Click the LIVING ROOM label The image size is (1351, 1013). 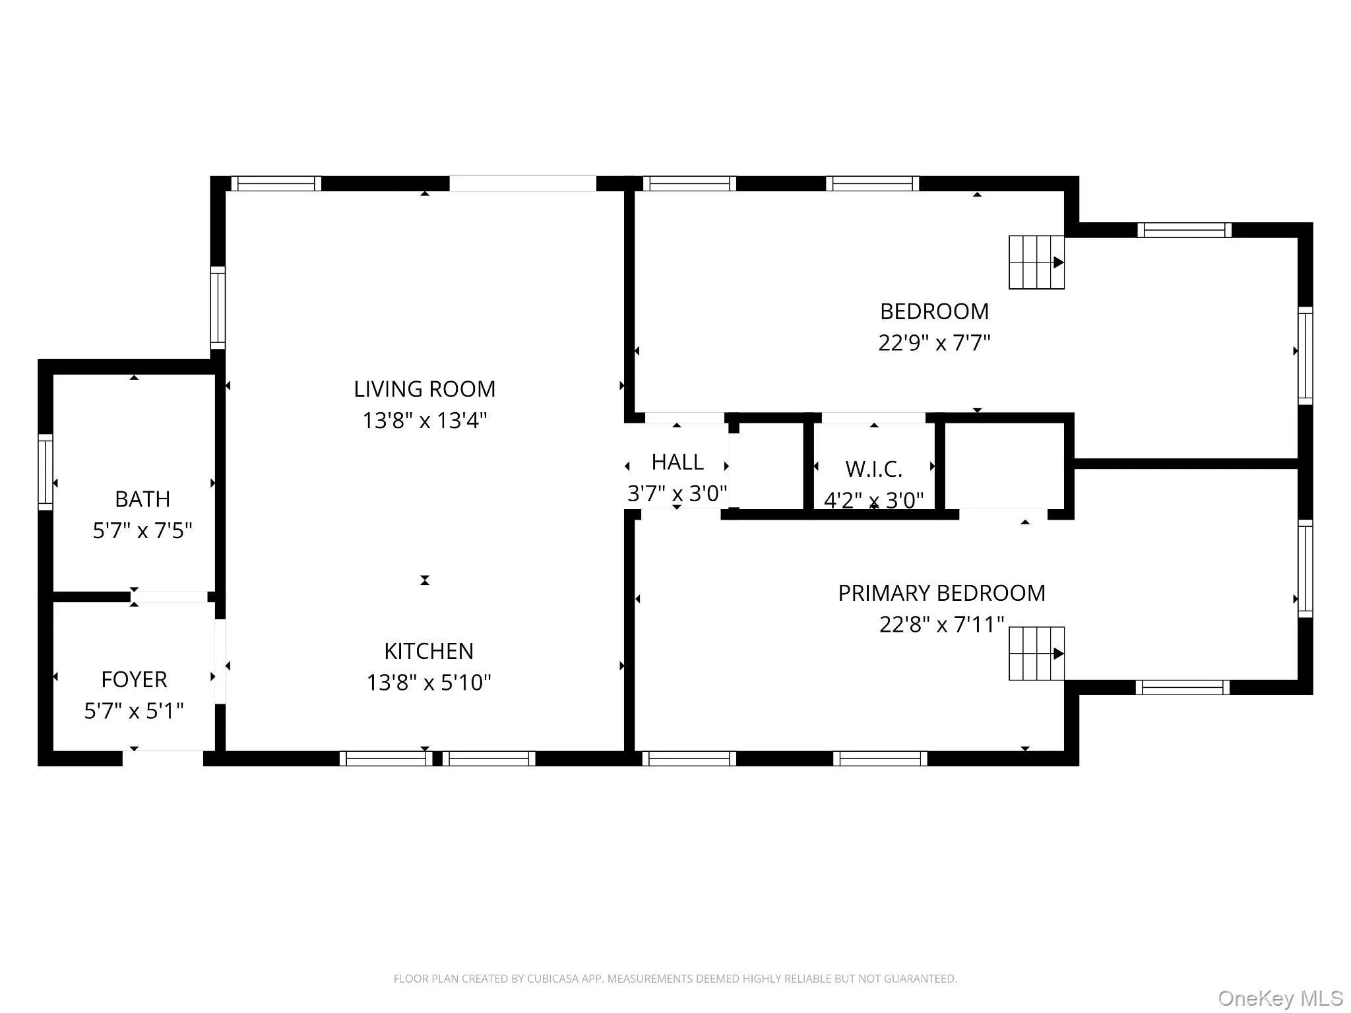coord(424,389)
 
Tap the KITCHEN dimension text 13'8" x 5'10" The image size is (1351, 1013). coord(429,683)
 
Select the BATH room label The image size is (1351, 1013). coord(142,499)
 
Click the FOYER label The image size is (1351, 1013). coord(134,679)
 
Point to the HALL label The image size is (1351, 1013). coord(677,462)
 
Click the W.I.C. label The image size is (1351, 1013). coord(873,470)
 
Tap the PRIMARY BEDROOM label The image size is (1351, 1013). coord(941,594)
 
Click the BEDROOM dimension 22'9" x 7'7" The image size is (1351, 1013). coord(934,343)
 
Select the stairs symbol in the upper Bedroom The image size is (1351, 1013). coord(1036,262)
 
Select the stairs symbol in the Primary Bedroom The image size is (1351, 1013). coord(1036,654)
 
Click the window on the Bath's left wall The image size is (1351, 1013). coord(45,472)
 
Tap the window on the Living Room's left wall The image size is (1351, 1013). coord(218,307)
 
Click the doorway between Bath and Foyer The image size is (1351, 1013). coord(170,597)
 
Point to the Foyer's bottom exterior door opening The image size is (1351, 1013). coord(163,758)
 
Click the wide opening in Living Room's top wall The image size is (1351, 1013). coord(523,183)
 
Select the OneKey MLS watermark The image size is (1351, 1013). coord(1280,998)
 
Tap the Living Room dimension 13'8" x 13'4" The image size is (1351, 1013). coord(424,421)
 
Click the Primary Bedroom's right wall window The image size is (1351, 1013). coord(1305,568)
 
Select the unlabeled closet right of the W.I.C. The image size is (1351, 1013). coord(1005,466)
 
